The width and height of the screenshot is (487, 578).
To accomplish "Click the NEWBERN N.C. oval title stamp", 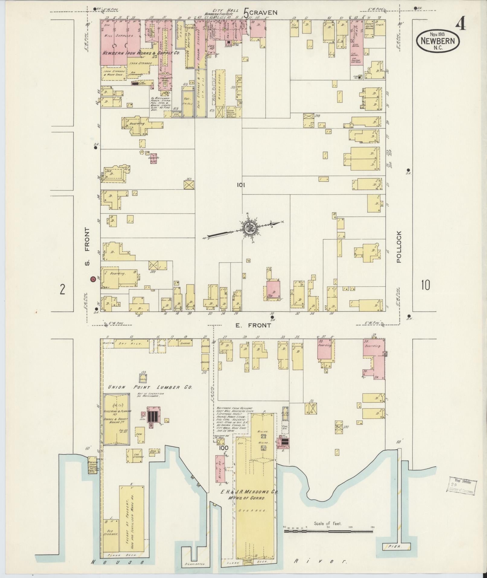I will point(438,41).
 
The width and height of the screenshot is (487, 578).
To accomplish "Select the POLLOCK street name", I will point(399,247).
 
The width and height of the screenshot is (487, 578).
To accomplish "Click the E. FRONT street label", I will point(253,325).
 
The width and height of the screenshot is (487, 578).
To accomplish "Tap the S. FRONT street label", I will point(87,246).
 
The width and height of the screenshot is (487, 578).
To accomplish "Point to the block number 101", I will point(240,185).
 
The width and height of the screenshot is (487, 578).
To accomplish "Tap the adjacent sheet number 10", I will point(425,285).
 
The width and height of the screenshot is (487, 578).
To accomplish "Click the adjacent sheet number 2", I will point(62,289).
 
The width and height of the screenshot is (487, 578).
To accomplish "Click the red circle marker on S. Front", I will point(93,279).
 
